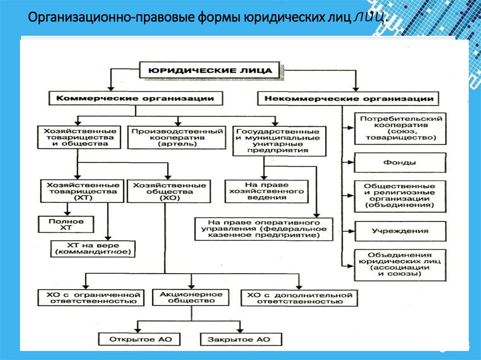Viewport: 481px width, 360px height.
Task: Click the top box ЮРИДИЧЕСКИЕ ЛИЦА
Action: (209, 70)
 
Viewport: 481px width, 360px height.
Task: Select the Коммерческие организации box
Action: (135, 99)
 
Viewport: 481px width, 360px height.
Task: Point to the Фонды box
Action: (399, 163)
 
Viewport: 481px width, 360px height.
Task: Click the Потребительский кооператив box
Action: (399, 128)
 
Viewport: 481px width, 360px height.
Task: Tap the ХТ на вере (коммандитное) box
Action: (93, 249)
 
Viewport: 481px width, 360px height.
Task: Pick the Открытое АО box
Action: (136, 339)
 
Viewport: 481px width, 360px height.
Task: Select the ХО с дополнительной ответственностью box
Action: (298, 298)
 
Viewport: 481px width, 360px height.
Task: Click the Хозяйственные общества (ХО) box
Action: (169, 191)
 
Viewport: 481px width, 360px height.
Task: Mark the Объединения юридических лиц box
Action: (399, 265)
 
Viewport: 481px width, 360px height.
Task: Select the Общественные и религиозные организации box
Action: (399, 195)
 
